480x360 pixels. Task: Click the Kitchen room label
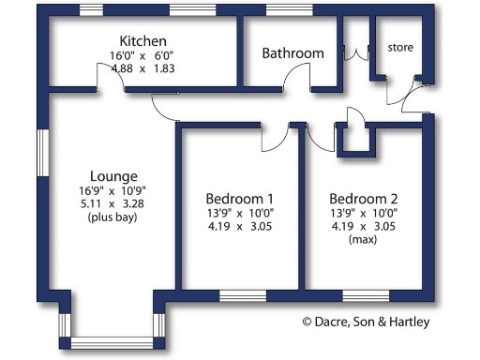point(142,41)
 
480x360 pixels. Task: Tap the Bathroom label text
point(292,53)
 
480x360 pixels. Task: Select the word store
point(400,46)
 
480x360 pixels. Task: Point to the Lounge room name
point(113,175)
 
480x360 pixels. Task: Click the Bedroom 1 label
point(239,198)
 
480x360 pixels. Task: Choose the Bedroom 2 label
point(363,198)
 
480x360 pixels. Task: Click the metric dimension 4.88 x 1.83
point(142,68)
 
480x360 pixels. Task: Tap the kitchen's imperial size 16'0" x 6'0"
point(142,55)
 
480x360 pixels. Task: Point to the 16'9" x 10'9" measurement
point(113,189)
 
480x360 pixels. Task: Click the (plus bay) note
point(113,217)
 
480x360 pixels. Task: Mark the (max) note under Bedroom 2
point(363,239)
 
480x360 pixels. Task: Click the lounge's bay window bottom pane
point(103,341)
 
